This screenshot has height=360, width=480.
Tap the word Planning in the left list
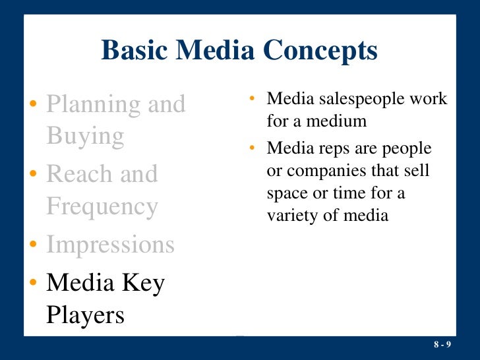pos(93,105)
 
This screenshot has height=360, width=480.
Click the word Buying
pos(85,136)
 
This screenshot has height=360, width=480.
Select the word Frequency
pos(102,207)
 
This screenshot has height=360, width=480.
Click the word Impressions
pos(110,245)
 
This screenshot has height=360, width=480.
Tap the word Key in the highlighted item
pos(145,283)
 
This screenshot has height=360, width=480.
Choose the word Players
pos(85,315)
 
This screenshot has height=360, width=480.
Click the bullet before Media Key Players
pos(34,284)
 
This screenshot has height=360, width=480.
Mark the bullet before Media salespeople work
pos(253,100)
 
